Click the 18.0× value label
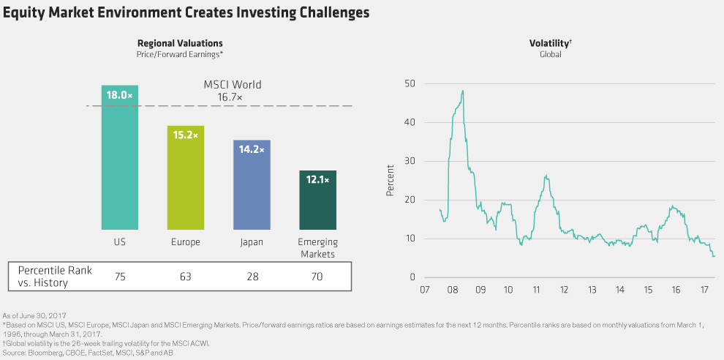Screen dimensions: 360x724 coord(119,94)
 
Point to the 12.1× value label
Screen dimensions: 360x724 coord(317,179)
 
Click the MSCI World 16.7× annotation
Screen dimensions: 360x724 coord(232,91)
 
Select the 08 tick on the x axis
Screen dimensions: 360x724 coord(453,290)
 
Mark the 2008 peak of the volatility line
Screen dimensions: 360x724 coord(463,91)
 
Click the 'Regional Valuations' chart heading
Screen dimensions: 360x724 coord(180,44)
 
